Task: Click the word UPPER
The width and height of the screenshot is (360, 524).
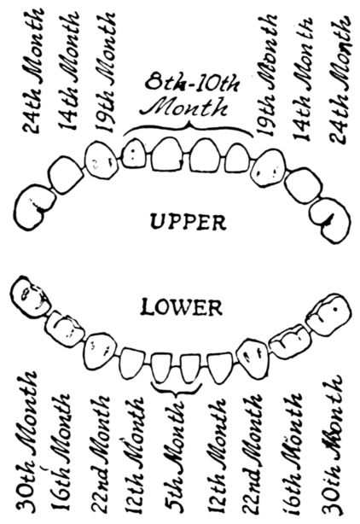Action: coord(188,222)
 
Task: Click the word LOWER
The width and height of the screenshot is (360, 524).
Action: coord(182,308)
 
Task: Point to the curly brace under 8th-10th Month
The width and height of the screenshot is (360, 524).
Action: coord(188,128)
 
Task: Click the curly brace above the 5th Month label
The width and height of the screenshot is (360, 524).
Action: coord(177,388)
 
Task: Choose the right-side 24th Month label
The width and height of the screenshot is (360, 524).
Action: coord(340,80)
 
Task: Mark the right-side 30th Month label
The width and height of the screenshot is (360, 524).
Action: coord(334,448)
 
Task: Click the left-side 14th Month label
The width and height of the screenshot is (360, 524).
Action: coord(69,71)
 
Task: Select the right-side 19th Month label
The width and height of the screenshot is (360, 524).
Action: coord(266,75)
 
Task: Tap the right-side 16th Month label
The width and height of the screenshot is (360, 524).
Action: coord(293,455)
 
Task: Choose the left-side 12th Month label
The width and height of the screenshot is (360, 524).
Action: coord(136,456)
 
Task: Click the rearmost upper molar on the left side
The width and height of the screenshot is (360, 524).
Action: coord(33,207)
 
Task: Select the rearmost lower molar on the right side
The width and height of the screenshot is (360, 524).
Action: coord(329,314)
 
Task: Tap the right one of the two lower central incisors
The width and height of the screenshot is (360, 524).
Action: coord(191,369)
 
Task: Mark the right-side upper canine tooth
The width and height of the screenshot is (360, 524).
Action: coord(269,167)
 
